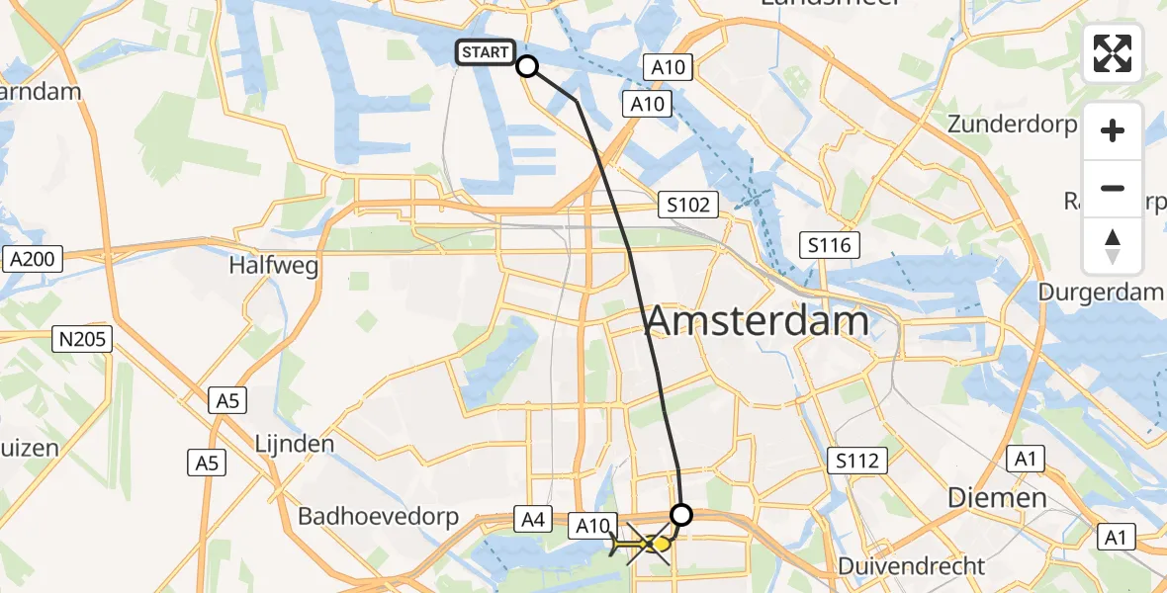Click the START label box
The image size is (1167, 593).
click(485, 52)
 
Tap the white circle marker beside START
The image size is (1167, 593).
click(527, 66)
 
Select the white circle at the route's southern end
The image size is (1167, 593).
click(681, 514)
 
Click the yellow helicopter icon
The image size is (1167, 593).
click(642, 545)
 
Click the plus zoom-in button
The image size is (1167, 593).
click(1113, 131)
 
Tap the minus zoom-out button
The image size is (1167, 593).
click(1113, 188)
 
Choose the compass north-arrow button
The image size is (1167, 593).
click(1113, 245)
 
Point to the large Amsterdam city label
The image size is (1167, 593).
click(758, 321)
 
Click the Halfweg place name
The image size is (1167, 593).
click(264, 266)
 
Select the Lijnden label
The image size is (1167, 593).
click(295, 444)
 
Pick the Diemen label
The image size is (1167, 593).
click(997, 497)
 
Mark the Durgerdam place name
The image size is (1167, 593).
click(1101, 292)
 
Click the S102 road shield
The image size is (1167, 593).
click(688, 206)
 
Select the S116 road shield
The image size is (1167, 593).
click(829, 245)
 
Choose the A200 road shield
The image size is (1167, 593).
click(33, 260)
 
